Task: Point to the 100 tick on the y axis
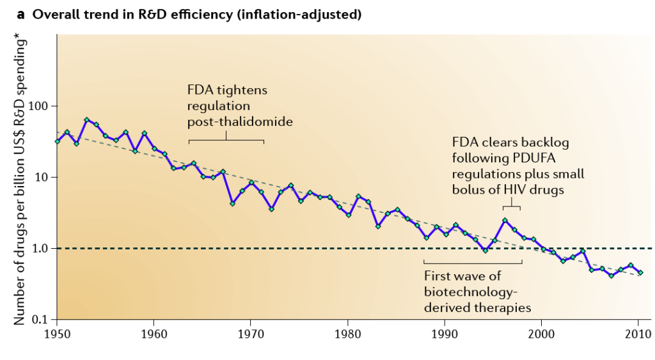pyautogui.click(x=40, y=106)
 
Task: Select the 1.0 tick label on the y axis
pyautogui.click(x=42, y=248)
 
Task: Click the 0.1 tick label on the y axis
pyautogui.click(x=42, y=319)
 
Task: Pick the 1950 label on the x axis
pyautogui.click(x=57, y=333)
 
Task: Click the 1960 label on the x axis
pyautogui.click(x=154, y=333)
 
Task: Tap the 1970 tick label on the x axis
pyautogui.click(x=250, y=333)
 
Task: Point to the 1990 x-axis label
pyautogui.click(x=445, y=333)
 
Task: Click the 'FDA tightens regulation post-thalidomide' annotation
pyautogui.click(x=236, y=106)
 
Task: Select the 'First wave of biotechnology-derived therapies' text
pyautogui.click(x=478, y=291)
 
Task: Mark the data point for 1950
pyautogui.click(x=58, y=141)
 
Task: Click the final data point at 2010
pyautogui.click(x=640, y=272)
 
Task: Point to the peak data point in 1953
pyautogui.click(x=86, y=120)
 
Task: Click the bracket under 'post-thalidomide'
pyautogui.click(x=226, y=141)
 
